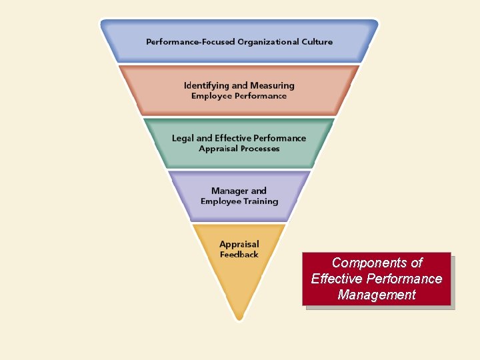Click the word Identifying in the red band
point(207,85)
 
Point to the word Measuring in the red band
point(272,85)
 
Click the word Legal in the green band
point(183,138)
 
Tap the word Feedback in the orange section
point(239,255)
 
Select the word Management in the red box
point(377,295)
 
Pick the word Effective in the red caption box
point(336,279)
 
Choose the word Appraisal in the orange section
point(239,245)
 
